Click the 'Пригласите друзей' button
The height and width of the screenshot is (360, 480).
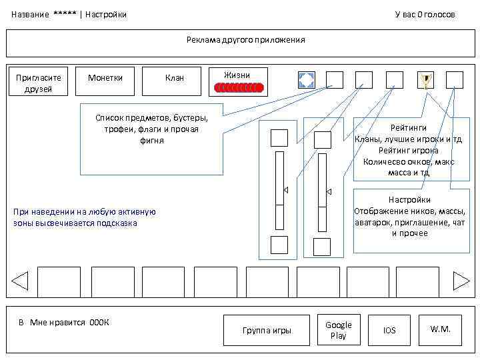pos(39,83)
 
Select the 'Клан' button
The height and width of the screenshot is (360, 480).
pos(174,78)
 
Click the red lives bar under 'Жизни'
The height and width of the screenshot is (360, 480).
pos(239,87)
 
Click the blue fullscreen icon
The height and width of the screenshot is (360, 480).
pos(306,80)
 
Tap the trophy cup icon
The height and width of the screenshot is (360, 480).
pos(425,81)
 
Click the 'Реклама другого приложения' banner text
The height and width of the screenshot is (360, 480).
pos(246,40)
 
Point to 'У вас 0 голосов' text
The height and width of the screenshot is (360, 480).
pos(425,14)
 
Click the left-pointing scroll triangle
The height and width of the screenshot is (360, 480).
pos(20,281)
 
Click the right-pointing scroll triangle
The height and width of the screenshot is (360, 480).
pos(461,281)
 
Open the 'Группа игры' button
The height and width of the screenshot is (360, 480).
pos(267,330)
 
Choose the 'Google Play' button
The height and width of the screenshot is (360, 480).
pos(339,330)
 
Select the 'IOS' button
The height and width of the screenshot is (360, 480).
pos(389,330)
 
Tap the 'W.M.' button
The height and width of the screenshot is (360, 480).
pos(441,329)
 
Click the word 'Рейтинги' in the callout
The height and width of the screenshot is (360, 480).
pos(408,127)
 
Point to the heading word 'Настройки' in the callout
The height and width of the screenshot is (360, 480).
pos(409,199)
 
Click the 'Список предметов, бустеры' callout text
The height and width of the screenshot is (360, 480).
pos(151,117)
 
